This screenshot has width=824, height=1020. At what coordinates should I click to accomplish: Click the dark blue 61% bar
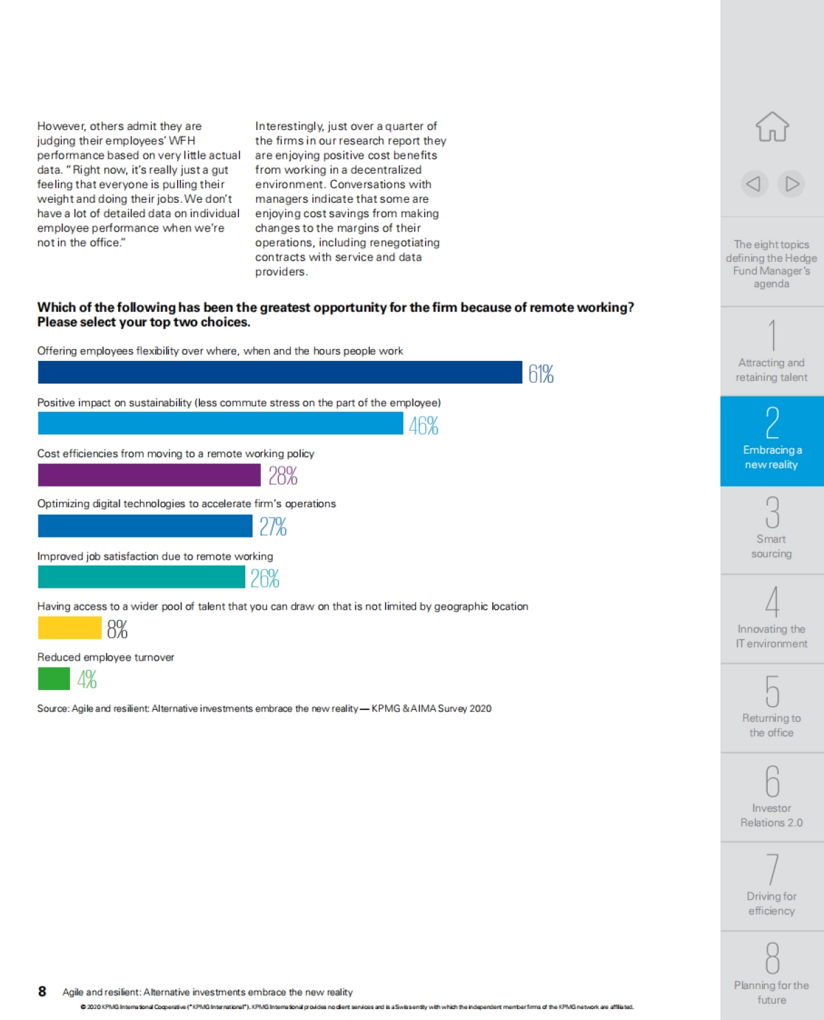[279, 373]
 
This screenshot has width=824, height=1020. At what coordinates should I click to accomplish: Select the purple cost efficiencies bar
[149, 475]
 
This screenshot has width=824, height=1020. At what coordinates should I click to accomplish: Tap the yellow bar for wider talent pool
[69, 628]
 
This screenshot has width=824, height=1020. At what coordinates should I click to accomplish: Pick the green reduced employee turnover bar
[54, 679]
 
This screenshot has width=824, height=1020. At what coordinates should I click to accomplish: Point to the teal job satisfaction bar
[141, 577]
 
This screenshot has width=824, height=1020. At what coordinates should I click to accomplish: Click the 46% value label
[424, 426]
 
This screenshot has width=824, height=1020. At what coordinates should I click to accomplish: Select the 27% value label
[273, 526]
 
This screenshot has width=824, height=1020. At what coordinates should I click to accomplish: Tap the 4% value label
[87, 680]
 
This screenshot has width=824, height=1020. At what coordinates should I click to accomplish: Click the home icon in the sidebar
[772, 127]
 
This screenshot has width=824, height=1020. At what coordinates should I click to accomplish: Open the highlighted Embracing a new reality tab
[772, 441]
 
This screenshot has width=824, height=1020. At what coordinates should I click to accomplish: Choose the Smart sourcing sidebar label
[771, 546]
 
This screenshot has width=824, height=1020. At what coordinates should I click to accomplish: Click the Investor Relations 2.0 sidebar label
[771, 815]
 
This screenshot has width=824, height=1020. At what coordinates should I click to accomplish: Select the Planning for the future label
[771, 993]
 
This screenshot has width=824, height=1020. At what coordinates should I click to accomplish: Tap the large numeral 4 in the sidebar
[772, 602]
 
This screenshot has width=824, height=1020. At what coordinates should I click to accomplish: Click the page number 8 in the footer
[42, 991]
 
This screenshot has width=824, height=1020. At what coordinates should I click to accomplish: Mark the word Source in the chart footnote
[52, 709]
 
